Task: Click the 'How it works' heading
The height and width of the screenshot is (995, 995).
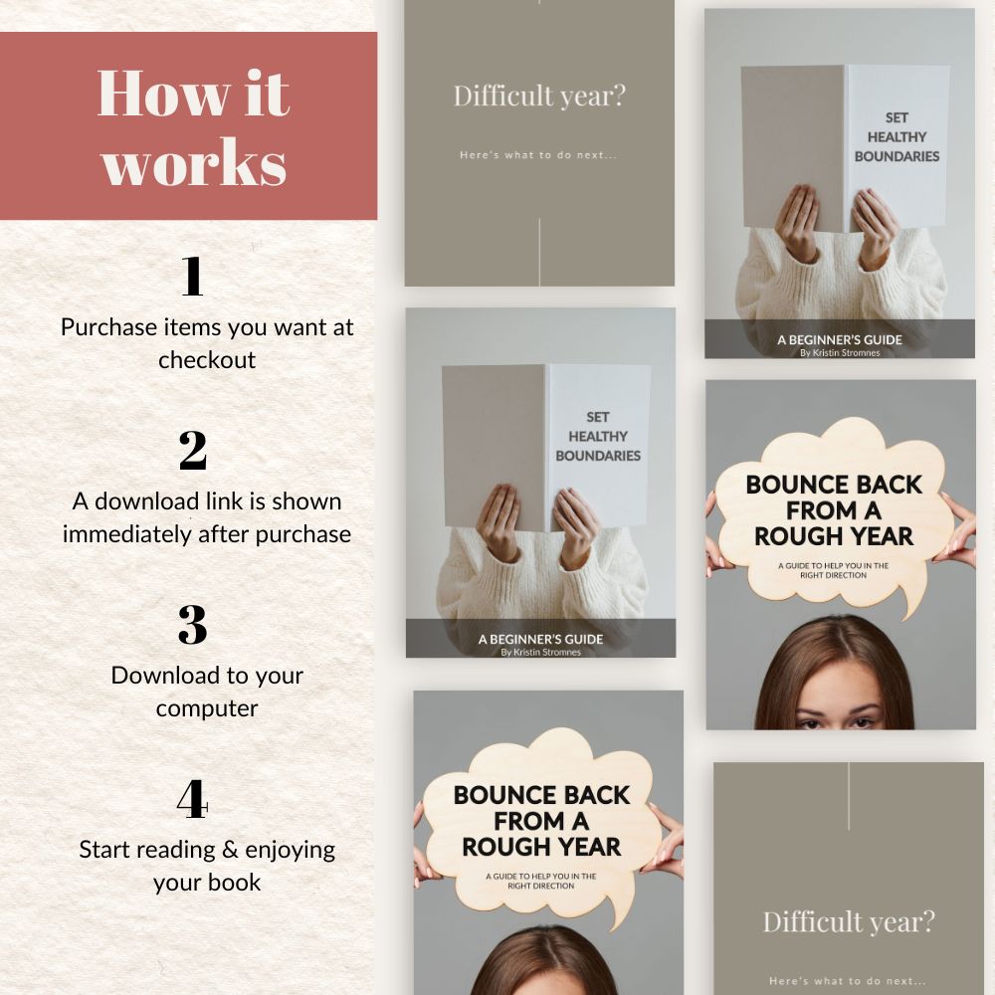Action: pyautogui.click(x=194, y=127)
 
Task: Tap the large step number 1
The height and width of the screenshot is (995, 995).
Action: pyautogui.click(x=192, y=276)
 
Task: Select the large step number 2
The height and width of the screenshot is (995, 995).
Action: pyautogui.click(x=193, y=451)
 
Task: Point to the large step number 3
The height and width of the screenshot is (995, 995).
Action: pyautogui.click(x=193, y=625)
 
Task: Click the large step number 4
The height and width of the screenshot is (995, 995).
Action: pyautogui.click(x=193, y=799)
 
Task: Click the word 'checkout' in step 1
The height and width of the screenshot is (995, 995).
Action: pyautogui.click(x=207, y=360)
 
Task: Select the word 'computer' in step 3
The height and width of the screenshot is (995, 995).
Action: pyautogui.click(x=207, y=708)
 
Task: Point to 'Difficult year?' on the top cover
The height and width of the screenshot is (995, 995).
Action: pyautogui.click(x=539, y=96)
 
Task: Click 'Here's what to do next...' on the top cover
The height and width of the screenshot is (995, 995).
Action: pyautogui.click(x=538, y=155)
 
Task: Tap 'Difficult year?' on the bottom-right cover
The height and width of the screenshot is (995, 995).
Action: pyautogui.click(x=849, y=922)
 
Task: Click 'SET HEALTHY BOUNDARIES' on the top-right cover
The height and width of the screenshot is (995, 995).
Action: pyautogui.click(x=896, y=137)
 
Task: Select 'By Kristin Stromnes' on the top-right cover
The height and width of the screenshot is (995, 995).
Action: pyautogui.click(x=840, y=353)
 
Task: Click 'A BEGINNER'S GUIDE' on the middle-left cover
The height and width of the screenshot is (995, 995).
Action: pyautogui.click(x=540, y=639)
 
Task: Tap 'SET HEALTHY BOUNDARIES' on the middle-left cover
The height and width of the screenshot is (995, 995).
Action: pyautogui.click(x=598, y=437)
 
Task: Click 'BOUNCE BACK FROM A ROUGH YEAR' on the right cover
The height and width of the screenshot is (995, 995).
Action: pyautogui.click(x=834, y=510)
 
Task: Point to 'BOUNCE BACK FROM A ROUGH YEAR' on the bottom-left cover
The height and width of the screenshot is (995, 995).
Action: pyautogui.click(x=541, y=821)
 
